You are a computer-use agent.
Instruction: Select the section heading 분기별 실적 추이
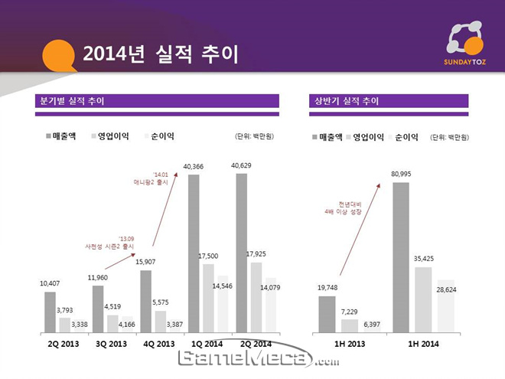coord(72,100)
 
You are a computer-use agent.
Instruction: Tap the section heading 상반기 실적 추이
coord(346,100)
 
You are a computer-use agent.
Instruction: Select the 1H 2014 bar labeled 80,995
coord(401,256)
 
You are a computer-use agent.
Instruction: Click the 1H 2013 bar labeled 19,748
coord(327,314)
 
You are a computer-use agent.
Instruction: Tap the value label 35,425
coord(423,259)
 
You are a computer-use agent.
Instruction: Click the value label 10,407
coord(50,284)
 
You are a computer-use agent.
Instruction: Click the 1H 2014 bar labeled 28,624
coord(445,306)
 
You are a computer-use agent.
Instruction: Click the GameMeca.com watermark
coord(259,359)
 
